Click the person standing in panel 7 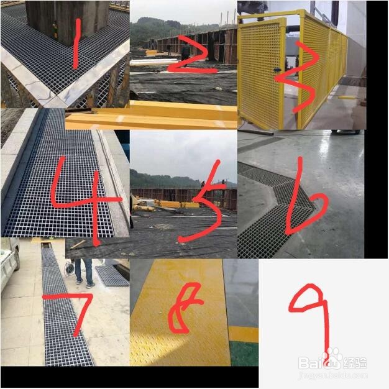[x=84, y=271]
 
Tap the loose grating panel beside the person [x=112, y=275]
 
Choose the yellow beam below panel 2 [x=155, y=116]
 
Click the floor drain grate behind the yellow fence [x=354, y=81]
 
